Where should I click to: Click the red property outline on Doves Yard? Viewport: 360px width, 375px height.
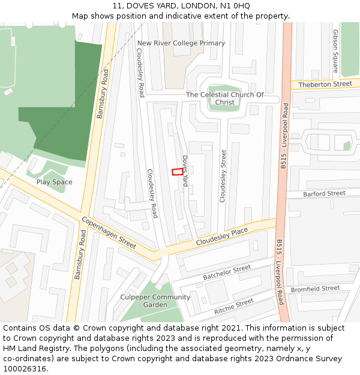[178, 172]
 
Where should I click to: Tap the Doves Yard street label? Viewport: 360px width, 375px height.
[185, 171]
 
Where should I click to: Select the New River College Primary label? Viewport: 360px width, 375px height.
[181, 43]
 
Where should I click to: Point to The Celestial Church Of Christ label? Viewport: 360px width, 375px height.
[224, 98]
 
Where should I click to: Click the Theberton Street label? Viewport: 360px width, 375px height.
[325, 85]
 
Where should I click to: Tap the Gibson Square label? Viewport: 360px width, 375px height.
[335, 51]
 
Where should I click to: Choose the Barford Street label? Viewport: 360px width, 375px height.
[324, 194]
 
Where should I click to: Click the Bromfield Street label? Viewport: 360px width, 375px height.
[315, 289]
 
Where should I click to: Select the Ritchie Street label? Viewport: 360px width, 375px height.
[233, 307]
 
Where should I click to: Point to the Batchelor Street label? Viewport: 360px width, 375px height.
[226, 272]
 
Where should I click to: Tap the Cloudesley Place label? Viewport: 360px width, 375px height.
[222, 236]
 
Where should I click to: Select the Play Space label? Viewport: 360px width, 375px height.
[54, 182]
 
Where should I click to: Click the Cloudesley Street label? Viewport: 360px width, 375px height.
[223, 176]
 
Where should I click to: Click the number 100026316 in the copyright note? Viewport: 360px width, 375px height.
[25, 368]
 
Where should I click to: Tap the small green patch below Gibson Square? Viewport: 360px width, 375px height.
[347, 145]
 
